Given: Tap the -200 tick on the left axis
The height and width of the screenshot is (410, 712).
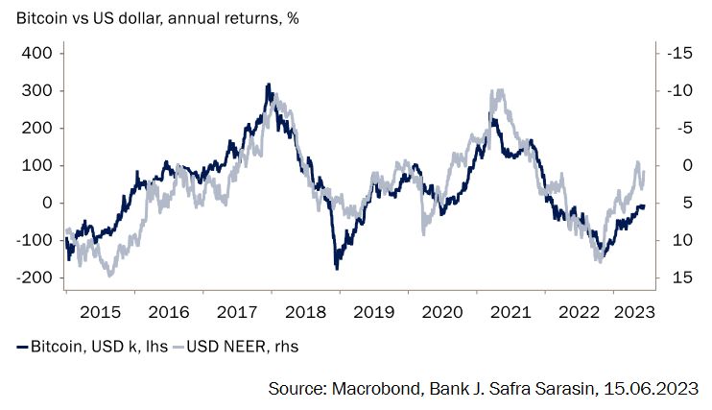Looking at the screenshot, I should (x=32, y=277).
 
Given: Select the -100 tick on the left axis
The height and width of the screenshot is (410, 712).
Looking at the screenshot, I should (x=32, y=240).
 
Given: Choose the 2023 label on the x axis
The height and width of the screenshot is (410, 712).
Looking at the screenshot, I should (x=633, y=312).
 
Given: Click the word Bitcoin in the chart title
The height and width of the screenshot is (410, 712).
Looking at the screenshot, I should (x=39, y=19).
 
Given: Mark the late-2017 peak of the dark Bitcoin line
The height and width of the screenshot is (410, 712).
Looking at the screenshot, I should (x=268, y=85).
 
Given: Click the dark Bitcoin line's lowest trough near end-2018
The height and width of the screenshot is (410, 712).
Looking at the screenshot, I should (x=337, y=267).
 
